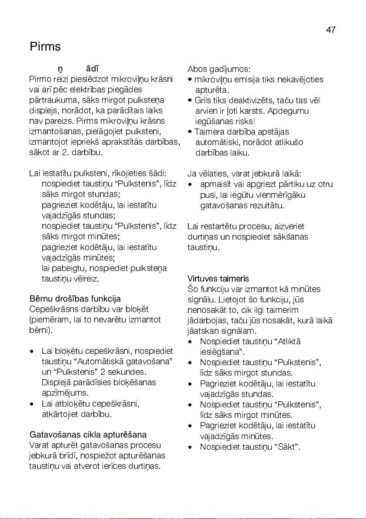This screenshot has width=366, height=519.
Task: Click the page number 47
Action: [x=331, y=30]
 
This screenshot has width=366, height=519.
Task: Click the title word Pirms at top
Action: [x=45, y=47]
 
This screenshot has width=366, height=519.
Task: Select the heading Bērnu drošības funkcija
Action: [x=75, y=299]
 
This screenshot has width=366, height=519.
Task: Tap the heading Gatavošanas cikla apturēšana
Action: [x=88, y=435]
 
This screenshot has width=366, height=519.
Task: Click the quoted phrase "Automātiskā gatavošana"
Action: [x=125, y=361]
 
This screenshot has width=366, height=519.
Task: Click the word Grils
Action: [x=203, y=101]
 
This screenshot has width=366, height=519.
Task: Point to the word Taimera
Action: [x=209, y=132]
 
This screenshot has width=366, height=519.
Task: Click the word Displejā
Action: [x=57, y=382]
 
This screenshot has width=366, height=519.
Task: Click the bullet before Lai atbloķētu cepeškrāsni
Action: [x=32, y=404]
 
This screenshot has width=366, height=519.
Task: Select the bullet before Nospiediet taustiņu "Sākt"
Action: [x=190, y=447]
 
